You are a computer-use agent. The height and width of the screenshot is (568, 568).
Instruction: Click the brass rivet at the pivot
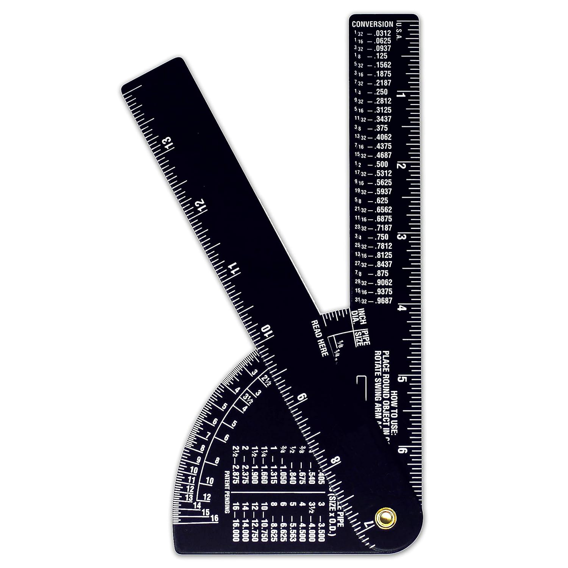384,517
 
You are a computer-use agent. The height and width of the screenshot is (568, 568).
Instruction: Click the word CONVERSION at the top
372,24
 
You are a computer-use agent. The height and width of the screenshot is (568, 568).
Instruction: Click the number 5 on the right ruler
403,380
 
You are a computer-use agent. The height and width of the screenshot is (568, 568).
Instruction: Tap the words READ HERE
319,337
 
